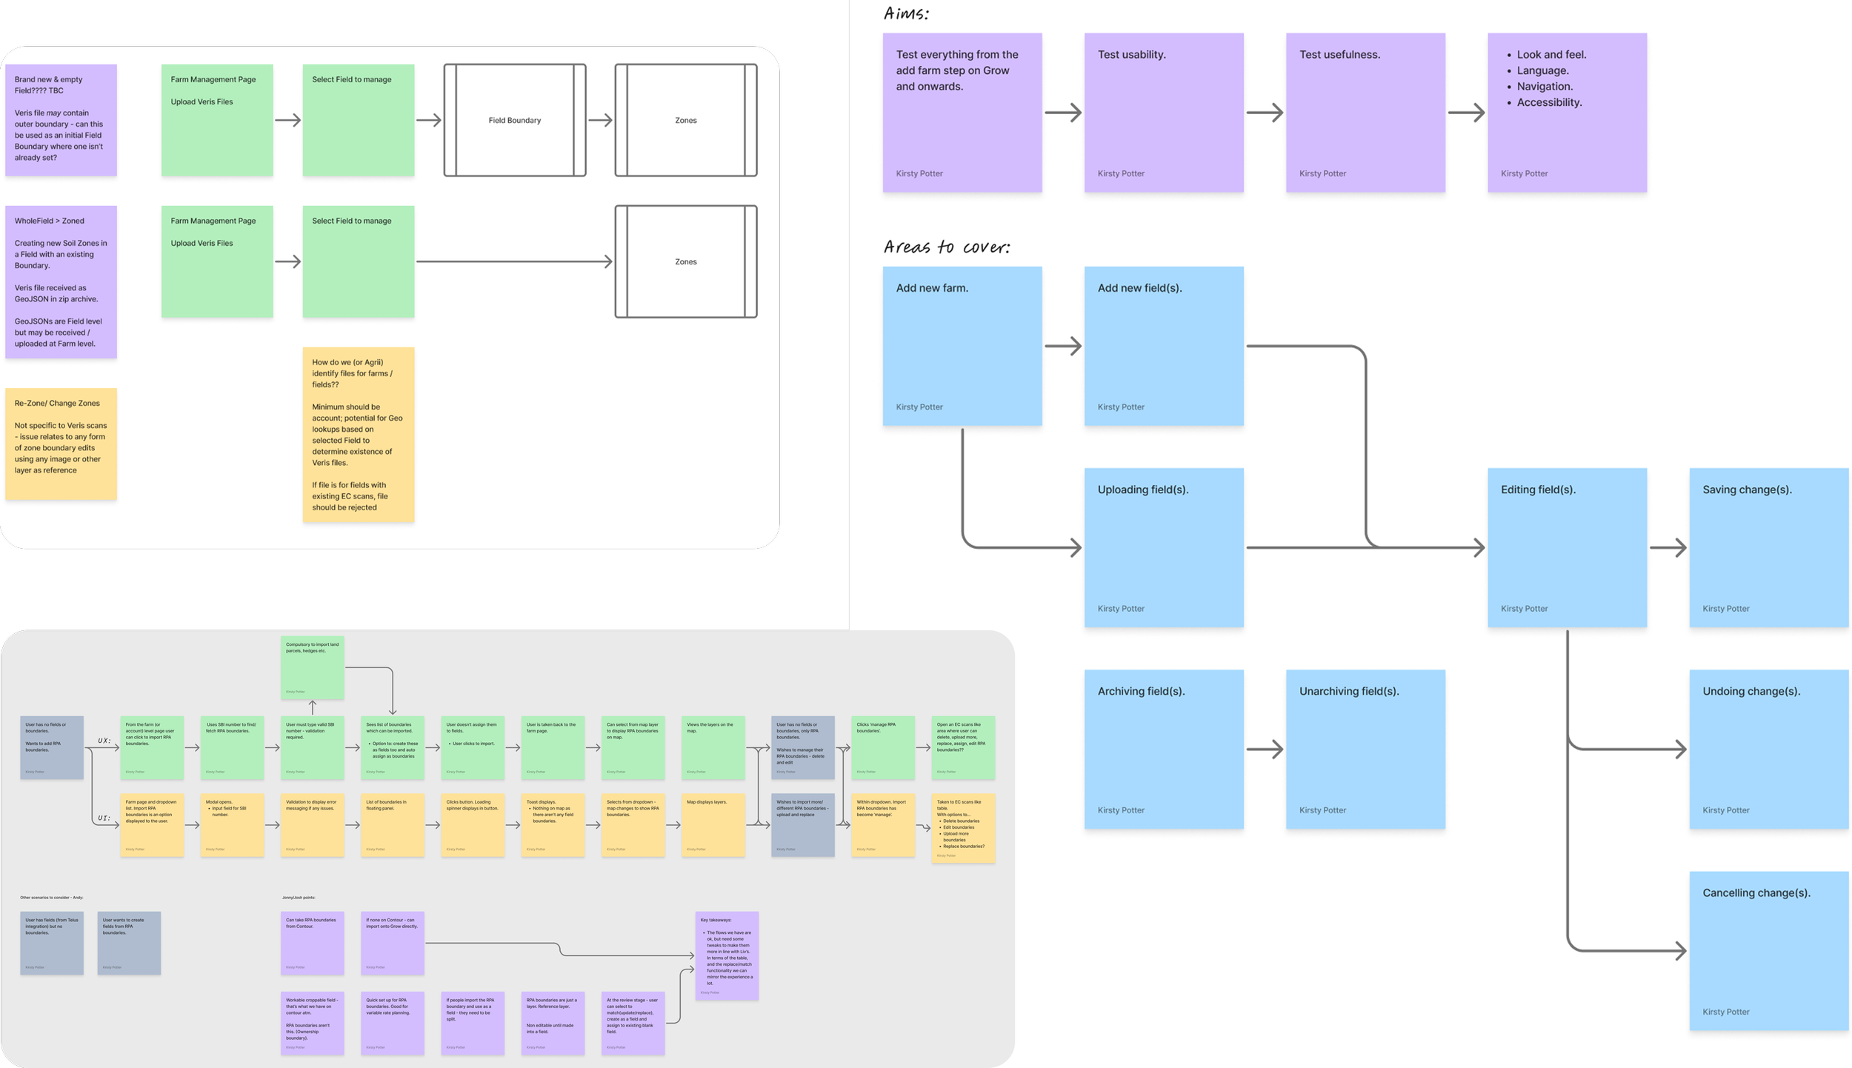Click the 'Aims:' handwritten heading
(906, 13)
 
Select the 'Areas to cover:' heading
(946, 247)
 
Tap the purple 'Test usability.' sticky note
(1163, 113)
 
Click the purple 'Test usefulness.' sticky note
(1365, 113)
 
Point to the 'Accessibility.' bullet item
(1548, 103)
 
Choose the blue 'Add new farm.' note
(962, 346)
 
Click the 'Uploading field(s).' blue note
(1163, 547)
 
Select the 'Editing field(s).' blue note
(1566, 547)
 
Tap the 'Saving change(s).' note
(1768, 547)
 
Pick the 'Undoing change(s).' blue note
(1768, 749)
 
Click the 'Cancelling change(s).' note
(1768, 950)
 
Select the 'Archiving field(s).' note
(1163, 749)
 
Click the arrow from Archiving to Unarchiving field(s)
(1265, 750)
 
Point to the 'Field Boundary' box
(514, 120)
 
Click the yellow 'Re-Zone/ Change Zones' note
(61, 444)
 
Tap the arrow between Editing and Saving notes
(1668, 548)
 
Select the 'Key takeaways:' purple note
(726, 955)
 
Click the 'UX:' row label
(104, 740)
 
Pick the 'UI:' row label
(104, 818)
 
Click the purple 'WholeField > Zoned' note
(61, 281)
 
